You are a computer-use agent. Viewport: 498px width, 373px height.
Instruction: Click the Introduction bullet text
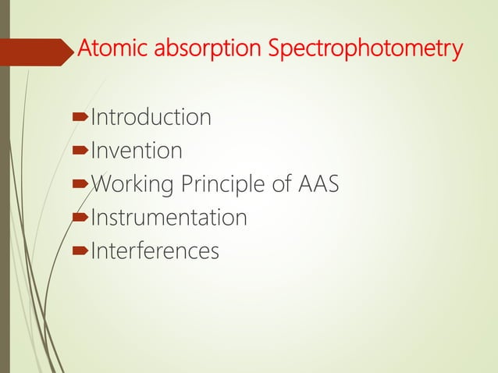click(x=151, y=118)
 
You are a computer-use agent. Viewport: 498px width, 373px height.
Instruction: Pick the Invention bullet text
click(x=137, y=151)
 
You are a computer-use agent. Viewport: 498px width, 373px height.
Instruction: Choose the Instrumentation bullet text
click(x=169, y=218)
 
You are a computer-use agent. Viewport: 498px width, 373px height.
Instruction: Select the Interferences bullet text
click(x=155, y=251)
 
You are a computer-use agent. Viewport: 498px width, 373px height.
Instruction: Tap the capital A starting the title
click(x=84, y=50)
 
